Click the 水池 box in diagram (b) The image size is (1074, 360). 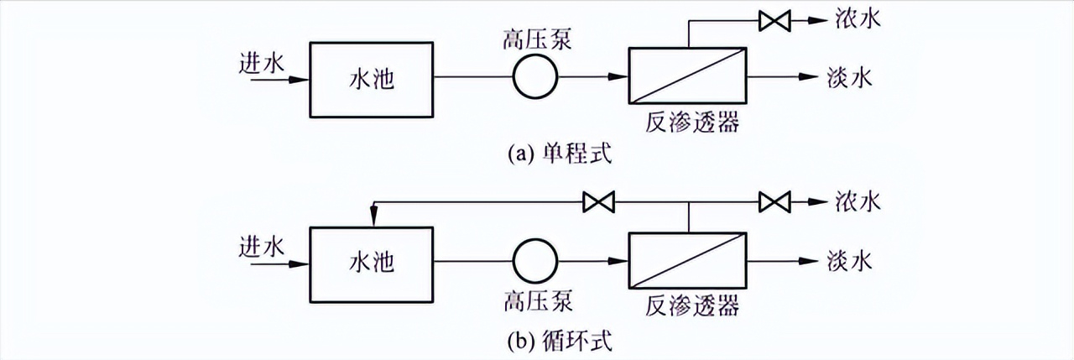click(x=372, y=263)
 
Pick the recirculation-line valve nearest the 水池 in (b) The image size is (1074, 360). click(x=599, y=202)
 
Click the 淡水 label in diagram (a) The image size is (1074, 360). click(x=850, y=78)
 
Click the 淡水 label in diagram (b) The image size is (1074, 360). click(x=850, y=261)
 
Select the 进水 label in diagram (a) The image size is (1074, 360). click(x=263, y=62)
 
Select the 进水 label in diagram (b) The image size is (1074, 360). click(x=263, y=248)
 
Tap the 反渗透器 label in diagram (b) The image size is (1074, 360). click(x=693, y=307)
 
